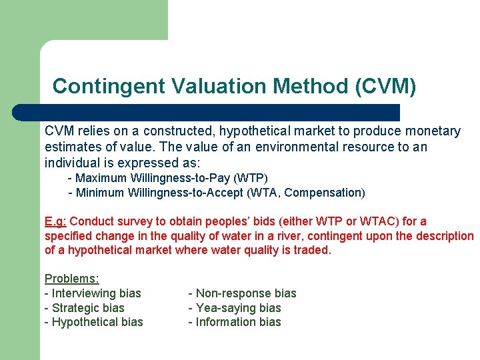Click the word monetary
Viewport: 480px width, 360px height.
436,131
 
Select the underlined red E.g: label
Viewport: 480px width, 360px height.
55,221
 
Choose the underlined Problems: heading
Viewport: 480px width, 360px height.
71,279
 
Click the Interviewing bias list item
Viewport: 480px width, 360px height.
93,293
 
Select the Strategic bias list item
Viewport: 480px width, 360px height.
84,308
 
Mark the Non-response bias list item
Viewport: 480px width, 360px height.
242,293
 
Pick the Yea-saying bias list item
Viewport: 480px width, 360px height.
235,308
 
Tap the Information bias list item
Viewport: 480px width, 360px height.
235,322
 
